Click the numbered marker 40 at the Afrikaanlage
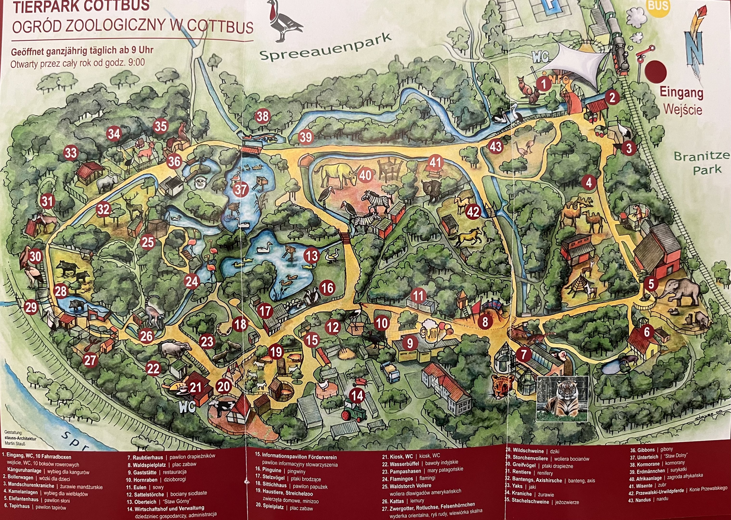tap(365, 175)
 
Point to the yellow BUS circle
tap(658, 6)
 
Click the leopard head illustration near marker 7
tap(503, 385)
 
